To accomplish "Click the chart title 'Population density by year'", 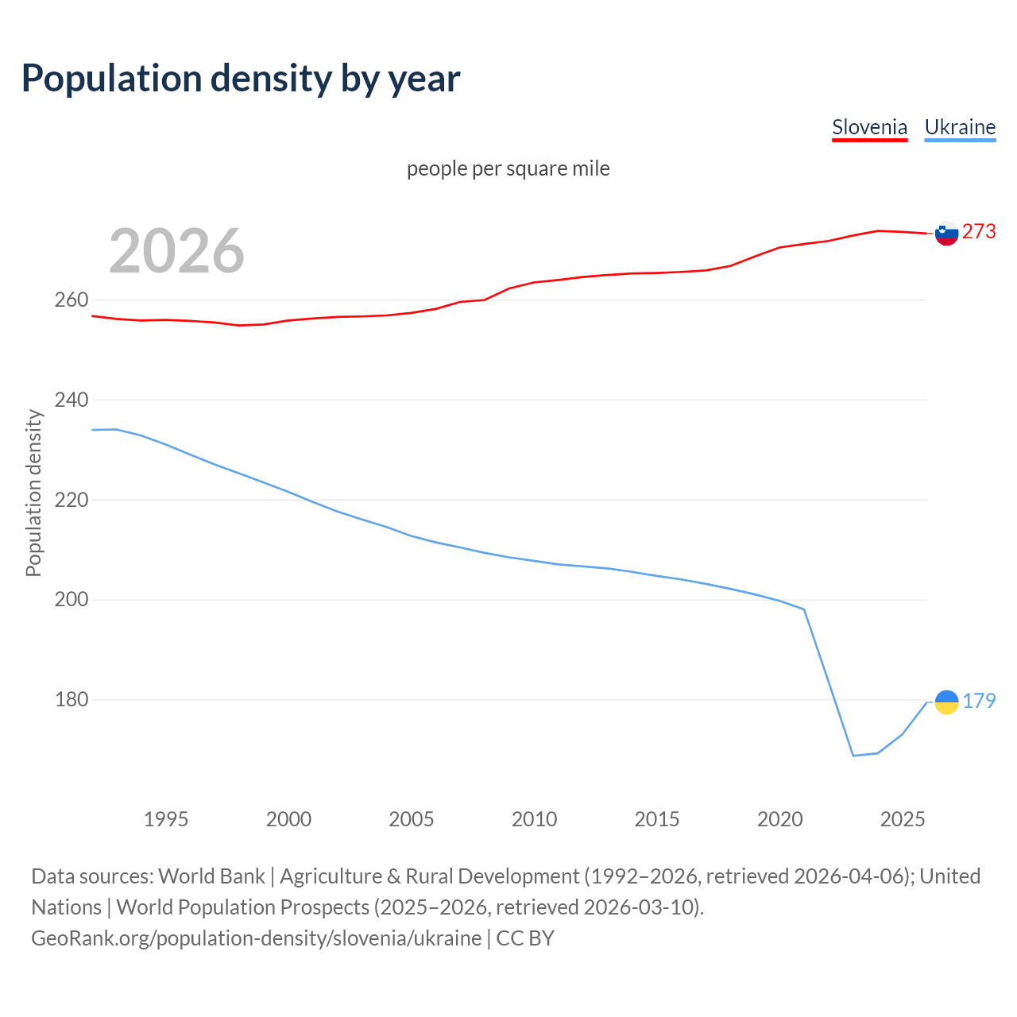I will pyautogui.click(x=241, y=79).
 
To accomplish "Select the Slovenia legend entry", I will pyautogui.click(x=869, y=127).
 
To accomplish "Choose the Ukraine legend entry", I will pyautogui.click(x=960, y=127).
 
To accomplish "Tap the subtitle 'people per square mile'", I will pyautogui.click(x=508, y=168).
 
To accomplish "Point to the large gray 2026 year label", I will pyautogui.click(x=176, y=251).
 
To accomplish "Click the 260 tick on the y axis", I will pyautogui.click(x=71, y=300).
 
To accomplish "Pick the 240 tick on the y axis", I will pyautogui.click(x=71, y=400).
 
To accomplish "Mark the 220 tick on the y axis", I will pyautogui.click(x=71, y=500).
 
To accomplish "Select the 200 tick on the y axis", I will pyautogui.click(x=71, y=600).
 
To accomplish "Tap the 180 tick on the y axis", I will pyautogui.click(x=71, y=700).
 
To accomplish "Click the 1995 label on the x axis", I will pyautogui.click(x=165, y=819).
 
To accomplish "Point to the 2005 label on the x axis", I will pyautogui.click(x=411, y=819).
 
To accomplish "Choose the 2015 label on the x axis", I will pyautogui.click(x=656, y=819).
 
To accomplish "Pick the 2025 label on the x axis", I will pyautogui.click(x=903, y=819).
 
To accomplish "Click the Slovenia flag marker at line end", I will pyautogui.click(x=946, y=233).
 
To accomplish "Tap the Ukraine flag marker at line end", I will pyautogui.click(x=946, y=702).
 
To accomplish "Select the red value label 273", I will pyautogui.click(x=979, y=231).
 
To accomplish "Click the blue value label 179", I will pyautogui.click(x=979, y=701).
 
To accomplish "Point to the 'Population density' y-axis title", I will pyautogui.click(x=33, y=493).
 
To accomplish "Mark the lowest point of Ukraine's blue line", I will pyautogui.click(x=853, y=756).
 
